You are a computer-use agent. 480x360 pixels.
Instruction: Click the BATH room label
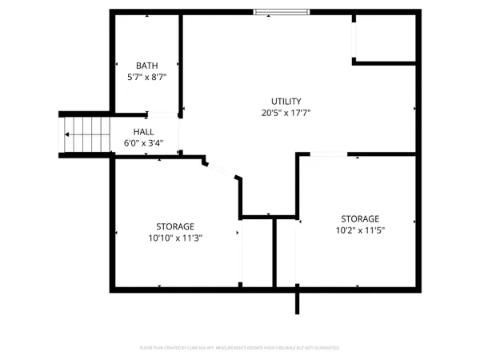tap(146, 66)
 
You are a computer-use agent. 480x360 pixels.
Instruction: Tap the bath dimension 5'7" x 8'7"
tap(146, 78)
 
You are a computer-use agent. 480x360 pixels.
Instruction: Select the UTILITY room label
tap(286, 102)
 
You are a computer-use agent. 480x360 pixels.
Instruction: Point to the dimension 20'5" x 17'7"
tap(286, 114)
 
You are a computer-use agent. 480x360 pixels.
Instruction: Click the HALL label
tap(144, 132)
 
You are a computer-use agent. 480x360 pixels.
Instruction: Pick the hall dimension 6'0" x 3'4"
tap(144, 143)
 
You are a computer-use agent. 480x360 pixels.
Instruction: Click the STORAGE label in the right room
tap(360, 218)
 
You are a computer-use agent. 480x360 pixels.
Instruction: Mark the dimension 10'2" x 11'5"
tap(360, 230)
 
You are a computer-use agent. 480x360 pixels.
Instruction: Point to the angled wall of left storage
tap(221, 170)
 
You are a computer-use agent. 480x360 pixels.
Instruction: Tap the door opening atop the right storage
tap(329, 154)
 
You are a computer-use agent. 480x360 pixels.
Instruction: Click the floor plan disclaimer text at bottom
tap(240, 348)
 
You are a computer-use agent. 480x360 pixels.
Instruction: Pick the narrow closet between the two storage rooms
tap(258, 252)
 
